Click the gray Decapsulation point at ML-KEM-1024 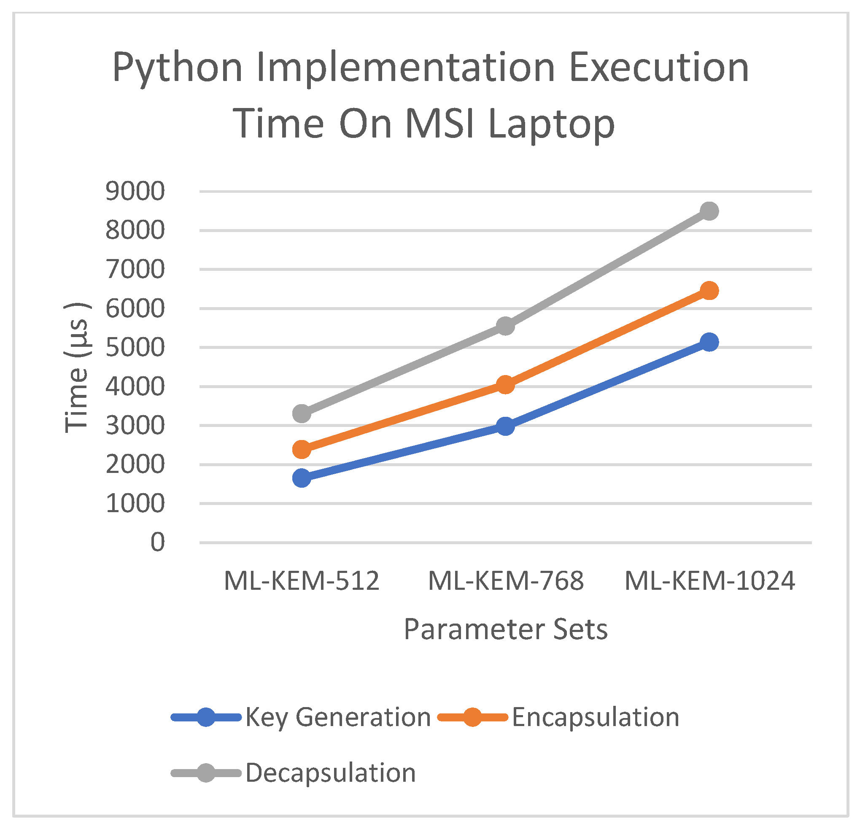[709, 211]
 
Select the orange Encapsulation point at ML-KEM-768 [505, 385]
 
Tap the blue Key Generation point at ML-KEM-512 [302, 478]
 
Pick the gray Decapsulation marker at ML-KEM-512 [302, 413]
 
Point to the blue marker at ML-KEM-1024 [709, 342]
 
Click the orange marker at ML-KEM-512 [302, 449]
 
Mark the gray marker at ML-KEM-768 [505, 326]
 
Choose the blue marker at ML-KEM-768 [505, 426]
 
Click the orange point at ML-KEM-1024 [709, 291]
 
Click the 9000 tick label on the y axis [135, 192]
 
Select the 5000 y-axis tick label [135, 348]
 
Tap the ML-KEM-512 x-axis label [302, 581]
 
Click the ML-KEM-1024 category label [709, 581]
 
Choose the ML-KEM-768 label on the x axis [505, 581]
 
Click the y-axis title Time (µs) [77, 368]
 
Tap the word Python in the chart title [177, 68]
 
